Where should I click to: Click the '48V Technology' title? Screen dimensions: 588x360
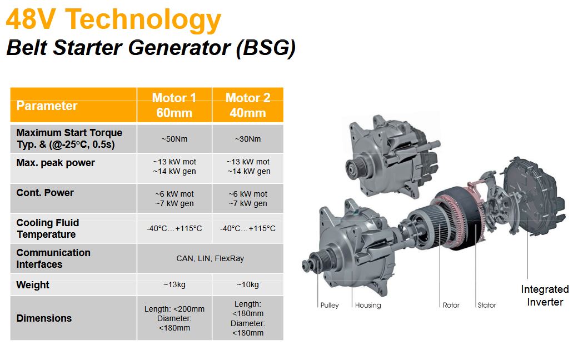point(113,19)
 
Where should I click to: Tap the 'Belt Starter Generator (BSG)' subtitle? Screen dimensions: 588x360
point(151,48)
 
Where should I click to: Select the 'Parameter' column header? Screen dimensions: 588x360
point(47,106)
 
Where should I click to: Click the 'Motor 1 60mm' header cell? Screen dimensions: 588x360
point(175,105)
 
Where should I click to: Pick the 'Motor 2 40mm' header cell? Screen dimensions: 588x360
point(248,105)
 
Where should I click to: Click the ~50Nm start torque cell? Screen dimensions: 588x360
point(175,139)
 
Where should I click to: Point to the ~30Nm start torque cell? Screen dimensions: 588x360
point(248,139)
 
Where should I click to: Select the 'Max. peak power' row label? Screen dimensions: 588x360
point(56,163)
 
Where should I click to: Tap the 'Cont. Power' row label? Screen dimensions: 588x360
point(45,193)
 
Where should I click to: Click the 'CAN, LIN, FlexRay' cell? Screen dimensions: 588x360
point(210,258)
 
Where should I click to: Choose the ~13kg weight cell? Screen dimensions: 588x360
point(175,284)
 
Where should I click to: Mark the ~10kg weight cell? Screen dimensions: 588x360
point(248,284)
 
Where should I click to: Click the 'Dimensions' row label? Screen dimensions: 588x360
point(44,318)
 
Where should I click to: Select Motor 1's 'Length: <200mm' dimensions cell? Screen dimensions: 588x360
point(175,318)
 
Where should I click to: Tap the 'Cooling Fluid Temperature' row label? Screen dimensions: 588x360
point(48,228)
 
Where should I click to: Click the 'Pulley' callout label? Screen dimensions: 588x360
point(330,305)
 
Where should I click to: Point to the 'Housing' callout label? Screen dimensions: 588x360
point(368,305)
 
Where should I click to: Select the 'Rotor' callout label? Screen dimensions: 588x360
point(451,305)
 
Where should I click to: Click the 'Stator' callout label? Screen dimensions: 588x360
point(487,305)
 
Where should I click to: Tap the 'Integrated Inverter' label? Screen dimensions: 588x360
point(545,296)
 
